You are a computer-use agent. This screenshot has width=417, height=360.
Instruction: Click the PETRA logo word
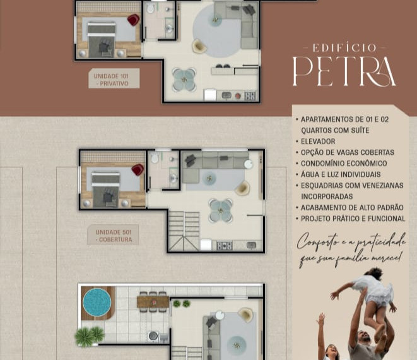click(344, 71)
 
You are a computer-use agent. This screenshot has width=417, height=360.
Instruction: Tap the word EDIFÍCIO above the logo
click(344, 48)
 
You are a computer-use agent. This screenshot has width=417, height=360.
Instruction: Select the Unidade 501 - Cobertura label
click(113, 235)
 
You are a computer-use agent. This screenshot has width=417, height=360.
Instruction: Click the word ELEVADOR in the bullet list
click(318, 141)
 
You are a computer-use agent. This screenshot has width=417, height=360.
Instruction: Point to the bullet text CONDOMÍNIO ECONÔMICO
click(344, 163)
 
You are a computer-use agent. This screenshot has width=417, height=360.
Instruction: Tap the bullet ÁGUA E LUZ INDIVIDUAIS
click(341, 174)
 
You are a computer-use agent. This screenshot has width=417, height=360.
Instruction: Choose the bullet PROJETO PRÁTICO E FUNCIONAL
click(353, 219)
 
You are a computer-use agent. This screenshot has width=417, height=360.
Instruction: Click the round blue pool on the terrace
click(97, 303)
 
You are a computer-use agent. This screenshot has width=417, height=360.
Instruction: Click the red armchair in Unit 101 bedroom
click(133, 20)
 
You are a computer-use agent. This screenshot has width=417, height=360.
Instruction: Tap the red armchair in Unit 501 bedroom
click(138, 170)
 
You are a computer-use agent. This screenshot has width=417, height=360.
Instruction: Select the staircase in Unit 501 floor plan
click(184, 231)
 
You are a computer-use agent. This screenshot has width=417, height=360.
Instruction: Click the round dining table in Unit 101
click(184, 80)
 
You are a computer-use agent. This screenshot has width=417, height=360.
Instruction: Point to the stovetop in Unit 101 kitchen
click(250, 96)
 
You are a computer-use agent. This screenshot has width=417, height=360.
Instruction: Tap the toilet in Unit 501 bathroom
click(155, 158)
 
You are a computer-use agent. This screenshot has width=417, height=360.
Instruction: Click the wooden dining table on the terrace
click(153, 302)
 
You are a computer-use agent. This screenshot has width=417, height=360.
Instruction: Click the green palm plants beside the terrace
click(90, 336)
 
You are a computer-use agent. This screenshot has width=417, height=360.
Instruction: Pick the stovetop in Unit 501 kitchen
click(225, 246)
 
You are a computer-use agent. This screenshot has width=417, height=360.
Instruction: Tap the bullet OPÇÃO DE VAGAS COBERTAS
click(348, 152)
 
